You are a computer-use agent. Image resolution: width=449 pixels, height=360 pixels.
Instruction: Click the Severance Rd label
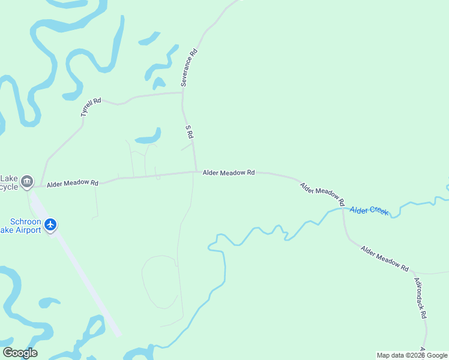pyautogui.click(x=189, y=68)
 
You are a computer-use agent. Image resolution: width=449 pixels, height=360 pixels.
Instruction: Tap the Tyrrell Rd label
pyautogui.click(x=91, y=107)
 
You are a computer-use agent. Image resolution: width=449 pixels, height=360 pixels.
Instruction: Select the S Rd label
pyautogui.click(x=188, y=133)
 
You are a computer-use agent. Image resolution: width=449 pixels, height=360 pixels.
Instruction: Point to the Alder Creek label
pyautogui.click(x=369, y=210)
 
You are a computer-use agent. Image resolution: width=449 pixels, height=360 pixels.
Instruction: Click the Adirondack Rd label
pyautogui.click(x=421, y=298)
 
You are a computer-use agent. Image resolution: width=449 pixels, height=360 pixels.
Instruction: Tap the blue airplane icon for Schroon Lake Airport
pyautogui.click(x=50, y=224)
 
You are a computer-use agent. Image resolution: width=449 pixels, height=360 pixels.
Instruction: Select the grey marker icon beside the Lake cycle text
pyautogui.click(x=26, y=181)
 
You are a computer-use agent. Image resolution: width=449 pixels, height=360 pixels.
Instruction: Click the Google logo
pyautogui.click(x=20, y=352)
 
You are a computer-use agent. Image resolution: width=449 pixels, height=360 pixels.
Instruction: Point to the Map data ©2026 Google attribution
pyautogui.click(x=412, y=355)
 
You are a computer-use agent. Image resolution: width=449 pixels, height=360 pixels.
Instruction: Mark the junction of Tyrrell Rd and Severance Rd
pyautogui.click(x=182, y=92)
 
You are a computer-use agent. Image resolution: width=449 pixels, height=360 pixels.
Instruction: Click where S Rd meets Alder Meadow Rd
pyautogui.click(x=196, y=172)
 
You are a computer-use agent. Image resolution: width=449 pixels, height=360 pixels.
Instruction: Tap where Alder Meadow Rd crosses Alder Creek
pyautogui.click(x=343, y=209)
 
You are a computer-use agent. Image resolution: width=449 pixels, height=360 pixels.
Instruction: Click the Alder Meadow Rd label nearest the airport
pyautogui.click(x=73, y=182)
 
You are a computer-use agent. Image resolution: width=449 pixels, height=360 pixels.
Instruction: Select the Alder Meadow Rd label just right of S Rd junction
pyautogui.click(x=229, y=172)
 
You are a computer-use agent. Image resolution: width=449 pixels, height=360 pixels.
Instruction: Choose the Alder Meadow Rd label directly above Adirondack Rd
pyautogui.click(x=385, y=258)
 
